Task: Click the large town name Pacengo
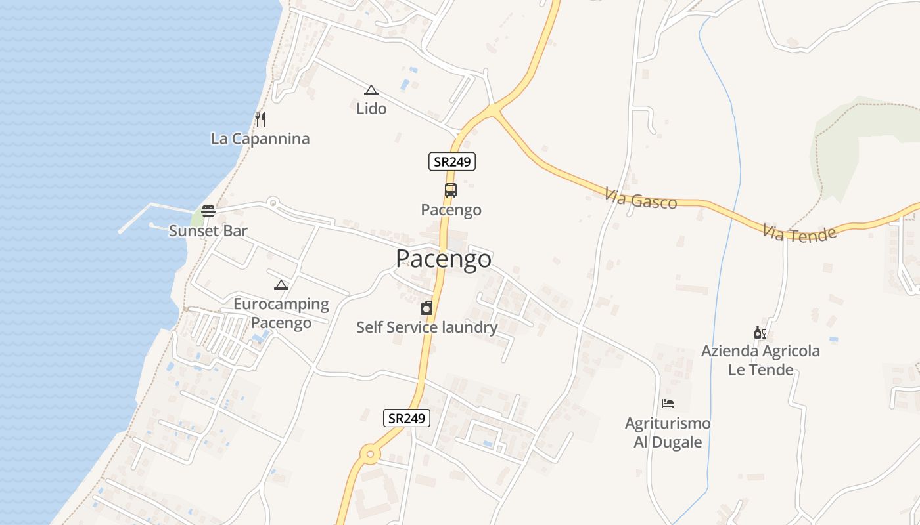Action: click(x=444, y=259)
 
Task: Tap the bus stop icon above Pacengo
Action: click(x=450, y=190)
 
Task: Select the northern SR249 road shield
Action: click(x=452, y=161)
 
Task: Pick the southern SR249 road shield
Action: click(x=407, y=418)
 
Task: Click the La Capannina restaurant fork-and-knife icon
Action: click(x=260, y=119)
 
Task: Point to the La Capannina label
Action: click(x=260, y=138)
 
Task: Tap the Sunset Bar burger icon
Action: click(x=208, y=211)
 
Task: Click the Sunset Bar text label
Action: click(x=208, y=230)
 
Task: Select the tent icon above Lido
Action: click(x=371, y=90)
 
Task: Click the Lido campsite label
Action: click(x=371, y=108)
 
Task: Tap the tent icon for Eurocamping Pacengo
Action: click(x=281, y=285)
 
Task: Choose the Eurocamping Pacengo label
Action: click(x=281, y=313)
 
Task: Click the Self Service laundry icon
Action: click(x=426, y=308)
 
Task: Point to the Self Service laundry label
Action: click(x=426, y=327)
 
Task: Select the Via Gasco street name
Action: click(x=641, y=199)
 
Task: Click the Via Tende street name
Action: click(x=800, y=232)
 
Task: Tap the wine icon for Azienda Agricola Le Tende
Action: click(x=760, y=333)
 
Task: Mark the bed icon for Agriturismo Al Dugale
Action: click(x=668, y=403)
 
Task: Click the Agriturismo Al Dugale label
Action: click(x=668, y=432)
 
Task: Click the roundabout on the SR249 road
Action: click(x=370, y=453)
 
